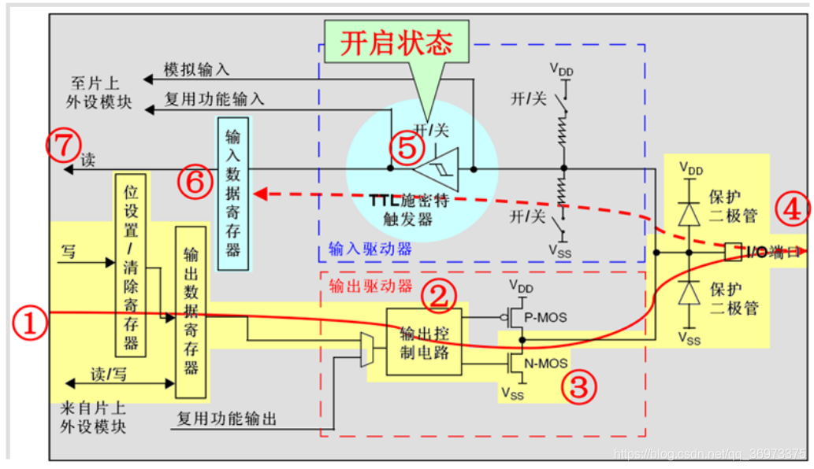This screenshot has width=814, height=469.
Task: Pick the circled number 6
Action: click(x=195, y=183)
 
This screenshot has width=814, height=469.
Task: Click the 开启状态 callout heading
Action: click(x=396, y=44)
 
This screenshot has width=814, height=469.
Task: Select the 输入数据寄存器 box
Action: click(x=232, y=188)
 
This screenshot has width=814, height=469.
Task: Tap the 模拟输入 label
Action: click(x=196, y=70)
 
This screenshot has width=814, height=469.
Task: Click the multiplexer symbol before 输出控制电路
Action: click(x=366, y=349)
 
